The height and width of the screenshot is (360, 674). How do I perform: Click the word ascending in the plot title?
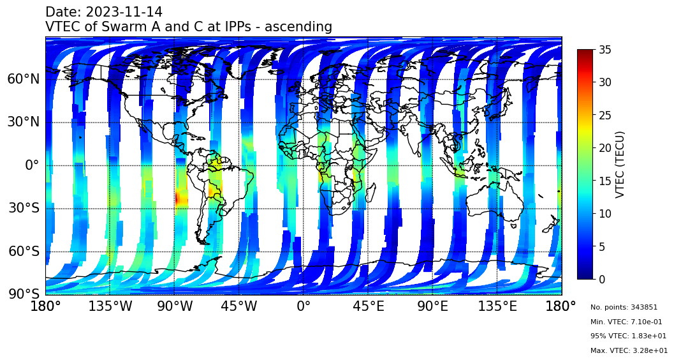click(298, 27)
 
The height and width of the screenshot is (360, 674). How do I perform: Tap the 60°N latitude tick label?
click(23, 79)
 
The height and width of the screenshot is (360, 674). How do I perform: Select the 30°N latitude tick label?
click(23, 122)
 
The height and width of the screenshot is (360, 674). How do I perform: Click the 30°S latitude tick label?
click(23, 208)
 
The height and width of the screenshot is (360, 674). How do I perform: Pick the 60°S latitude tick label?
click(23, 251)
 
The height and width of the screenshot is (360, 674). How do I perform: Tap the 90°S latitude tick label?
click(23, 294)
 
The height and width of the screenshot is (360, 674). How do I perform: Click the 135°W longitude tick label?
click(110, 306)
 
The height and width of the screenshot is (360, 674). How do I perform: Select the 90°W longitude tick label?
click(175, 306)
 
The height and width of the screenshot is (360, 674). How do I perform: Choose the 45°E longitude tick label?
click(369, 306)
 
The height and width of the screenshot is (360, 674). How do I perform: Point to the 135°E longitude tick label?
click(497, 306)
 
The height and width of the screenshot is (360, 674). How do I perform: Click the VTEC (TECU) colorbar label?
click(620, 164)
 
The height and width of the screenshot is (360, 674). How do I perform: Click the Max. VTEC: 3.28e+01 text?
click(629, 350)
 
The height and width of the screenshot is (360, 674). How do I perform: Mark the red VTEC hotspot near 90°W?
click(181, 199)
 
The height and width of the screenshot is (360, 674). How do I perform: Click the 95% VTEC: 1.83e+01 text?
click(628, 336)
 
